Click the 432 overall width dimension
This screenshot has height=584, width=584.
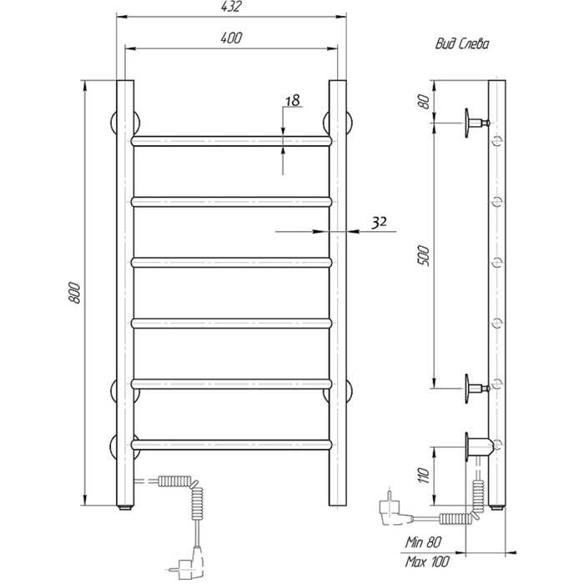(231, 7)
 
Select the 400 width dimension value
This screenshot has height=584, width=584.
(231, 38)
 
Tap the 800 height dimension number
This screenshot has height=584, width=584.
(74, 293)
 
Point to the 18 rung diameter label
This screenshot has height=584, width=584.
(293, 100)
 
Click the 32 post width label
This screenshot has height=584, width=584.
(379, 222)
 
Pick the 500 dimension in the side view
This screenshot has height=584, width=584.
(424, 255)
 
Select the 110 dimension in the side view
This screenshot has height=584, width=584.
(424, 476)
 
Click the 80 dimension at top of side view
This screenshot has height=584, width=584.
(424, 101)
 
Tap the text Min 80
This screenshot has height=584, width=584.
(423, 542)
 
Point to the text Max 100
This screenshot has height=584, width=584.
(427, 561)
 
